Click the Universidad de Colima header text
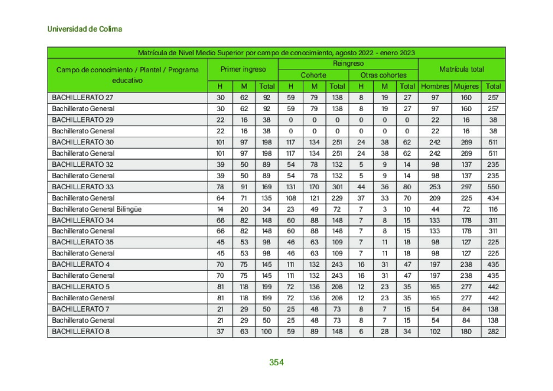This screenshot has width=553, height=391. tap(85, 28)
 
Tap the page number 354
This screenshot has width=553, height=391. tap(276, 362)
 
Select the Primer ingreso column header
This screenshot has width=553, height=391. tap(243, 69)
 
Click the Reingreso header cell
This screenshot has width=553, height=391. tap(348, 64)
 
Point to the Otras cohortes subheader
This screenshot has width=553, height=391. tap(384, 75)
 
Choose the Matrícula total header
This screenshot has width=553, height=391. tap(462, 69)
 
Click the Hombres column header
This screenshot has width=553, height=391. tap(435, 86)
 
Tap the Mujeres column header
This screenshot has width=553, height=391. tap(466, 86)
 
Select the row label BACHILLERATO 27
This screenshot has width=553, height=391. tap(83, 97)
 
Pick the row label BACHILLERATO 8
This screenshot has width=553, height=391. tap(81, 331)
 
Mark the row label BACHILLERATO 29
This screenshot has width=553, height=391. tap(83, 120)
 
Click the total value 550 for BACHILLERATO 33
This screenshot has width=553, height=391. tap(493, 186)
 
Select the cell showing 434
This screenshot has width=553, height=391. tap(493, 198)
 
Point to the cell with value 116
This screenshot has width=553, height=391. tap(493, 209)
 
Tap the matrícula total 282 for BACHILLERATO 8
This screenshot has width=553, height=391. tap(493, 331)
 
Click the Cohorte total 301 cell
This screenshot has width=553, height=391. tap(337, 186)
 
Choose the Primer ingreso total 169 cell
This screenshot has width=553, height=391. tap(267, 186)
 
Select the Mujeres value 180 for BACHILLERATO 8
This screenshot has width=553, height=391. tap(466, 331)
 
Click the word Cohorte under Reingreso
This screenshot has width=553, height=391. tap(314, 75)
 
